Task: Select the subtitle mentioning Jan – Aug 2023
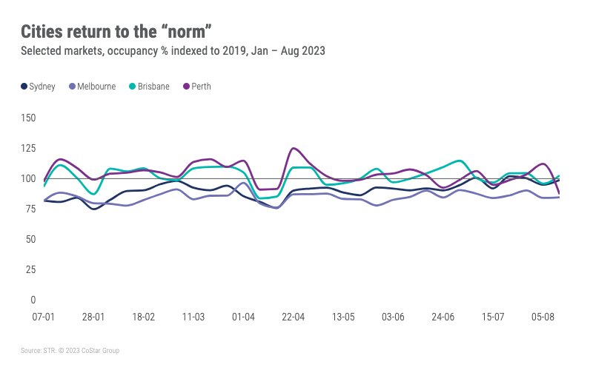[x=173, y=51]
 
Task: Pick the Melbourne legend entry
[x=92, y=87]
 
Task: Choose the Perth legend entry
[x=196, y=87]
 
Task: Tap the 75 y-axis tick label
[x=30, y=209]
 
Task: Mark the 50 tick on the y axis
[x=30, y=239]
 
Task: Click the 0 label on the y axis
[x=33, y=300]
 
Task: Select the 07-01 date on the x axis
[x=43, y=317]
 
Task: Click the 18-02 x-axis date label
[x=143, y=317]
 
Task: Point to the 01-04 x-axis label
[x=243, y=317]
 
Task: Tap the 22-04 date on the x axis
[x=294, y=317]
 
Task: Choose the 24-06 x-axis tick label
[x=443, y=317]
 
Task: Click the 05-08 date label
[x=543, y=317]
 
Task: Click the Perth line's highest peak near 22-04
[x=294, y=148]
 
